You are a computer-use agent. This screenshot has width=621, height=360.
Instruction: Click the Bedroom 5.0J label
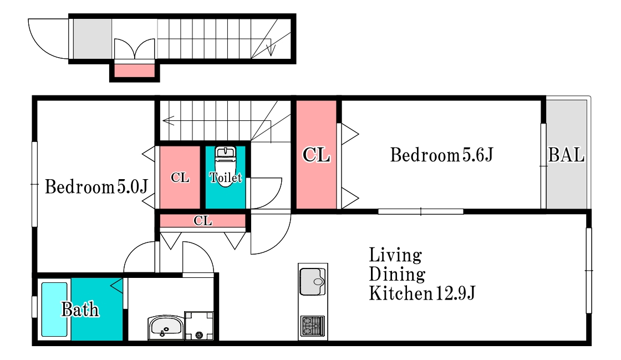[96, 186]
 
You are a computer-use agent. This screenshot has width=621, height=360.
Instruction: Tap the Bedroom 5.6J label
[441, 155]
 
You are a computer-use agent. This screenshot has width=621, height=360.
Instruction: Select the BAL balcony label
[566, 155]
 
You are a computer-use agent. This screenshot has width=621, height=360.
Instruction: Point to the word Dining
[397, 275]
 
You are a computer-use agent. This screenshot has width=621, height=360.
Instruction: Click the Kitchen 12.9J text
[422, 293]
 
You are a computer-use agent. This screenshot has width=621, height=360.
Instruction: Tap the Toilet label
[225, 177]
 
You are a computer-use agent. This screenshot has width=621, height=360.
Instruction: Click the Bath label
[80, 310]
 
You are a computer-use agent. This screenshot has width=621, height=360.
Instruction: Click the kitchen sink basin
[313, 282]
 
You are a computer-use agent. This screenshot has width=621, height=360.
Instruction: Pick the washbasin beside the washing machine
[166, 327]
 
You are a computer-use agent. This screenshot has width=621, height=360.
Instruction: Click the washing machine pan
[199, 326]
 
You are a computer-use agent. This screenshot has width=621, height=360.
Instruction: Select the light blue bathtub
[54, 310]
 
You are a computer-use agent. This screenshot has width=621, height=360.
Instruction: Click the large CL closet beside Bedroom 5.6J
[316, 154]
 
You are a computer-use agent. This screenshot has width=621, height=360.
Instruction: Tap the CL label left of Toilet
[180, 178]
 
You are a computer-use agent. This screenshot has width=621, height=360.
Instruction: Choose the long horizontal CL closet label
[203, 221]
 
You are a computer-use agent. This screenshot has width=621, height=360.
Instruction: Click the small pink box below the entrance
[134, 70]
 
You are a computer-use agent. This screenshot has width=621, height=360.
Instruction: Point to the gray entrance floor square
[93, 39]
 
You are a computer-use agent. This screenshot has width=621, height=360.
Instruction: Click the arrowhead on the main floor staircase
[168, 120]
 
